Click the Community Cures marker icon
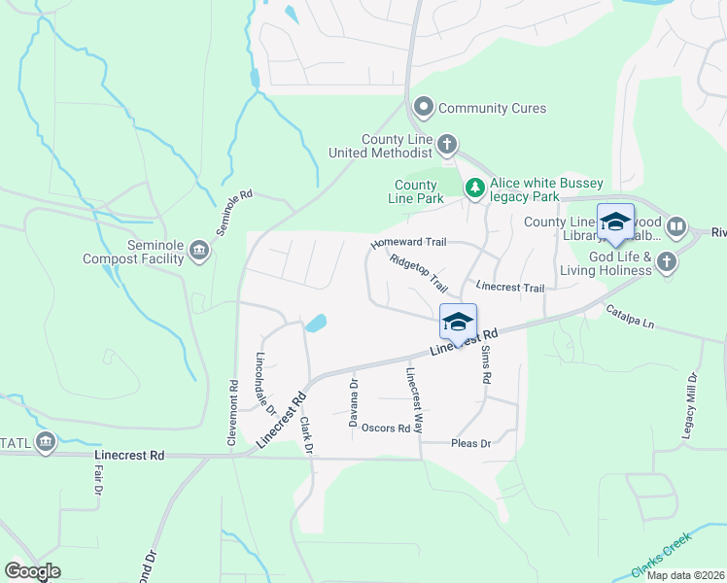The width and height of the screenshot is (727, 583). pos(424,107)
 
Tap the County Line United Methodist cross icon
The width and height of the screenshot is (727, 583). pos(447,145)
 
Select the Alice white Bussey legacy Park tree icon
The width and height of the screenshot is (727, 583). pos(474,188)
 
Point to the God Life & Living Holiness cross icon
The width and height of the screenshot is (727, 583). pos(667,261)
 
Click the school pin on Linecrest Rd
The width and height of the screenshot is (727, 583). pos(458,321)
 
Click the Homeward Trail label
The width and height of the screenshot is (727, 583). pos(407,244)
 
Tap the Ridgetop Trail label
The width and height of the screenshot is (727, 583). pos(418,274)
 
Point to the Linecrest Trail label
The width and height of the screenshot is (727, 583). pos(510,288)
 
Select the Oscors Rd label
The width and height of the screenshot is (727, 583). pos(385,428)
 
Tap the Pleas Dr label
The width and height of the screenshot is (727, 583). pos(471,444)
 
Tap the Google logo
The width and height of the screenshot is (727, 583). pos(32,571)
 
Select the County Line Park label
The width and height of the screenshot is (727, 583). pos(415,191)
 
